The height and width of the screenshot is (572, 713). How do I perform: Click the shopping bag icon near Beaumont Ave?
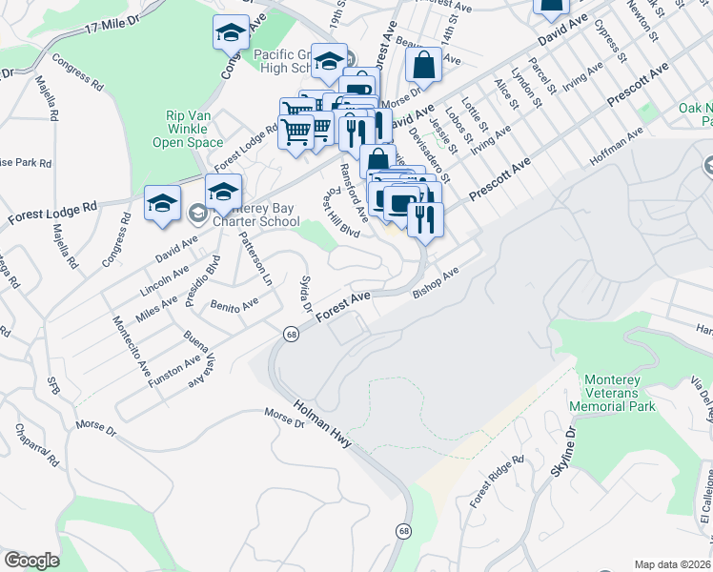click(x=423, y=66)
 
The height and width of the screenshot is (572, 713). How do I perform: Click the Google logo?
click(x=31, y=560)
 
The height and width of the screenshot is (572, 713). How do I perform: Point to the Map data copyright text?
click(x=672, y=564)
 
